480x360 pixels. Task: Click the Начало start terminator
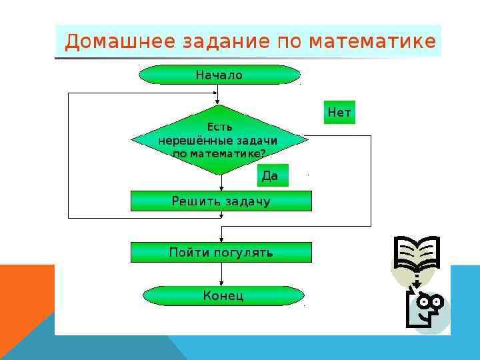coord(219,75)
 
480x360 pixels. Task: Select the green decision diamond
coord(219,140)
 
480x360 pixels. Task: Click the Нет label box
coord(339,113)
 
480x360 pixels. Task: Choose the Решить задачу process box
coord(221,201)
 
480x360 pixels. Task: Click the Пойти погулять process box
coord(221,252)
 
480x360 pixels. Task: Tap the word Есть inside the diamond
coord(219,127)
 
